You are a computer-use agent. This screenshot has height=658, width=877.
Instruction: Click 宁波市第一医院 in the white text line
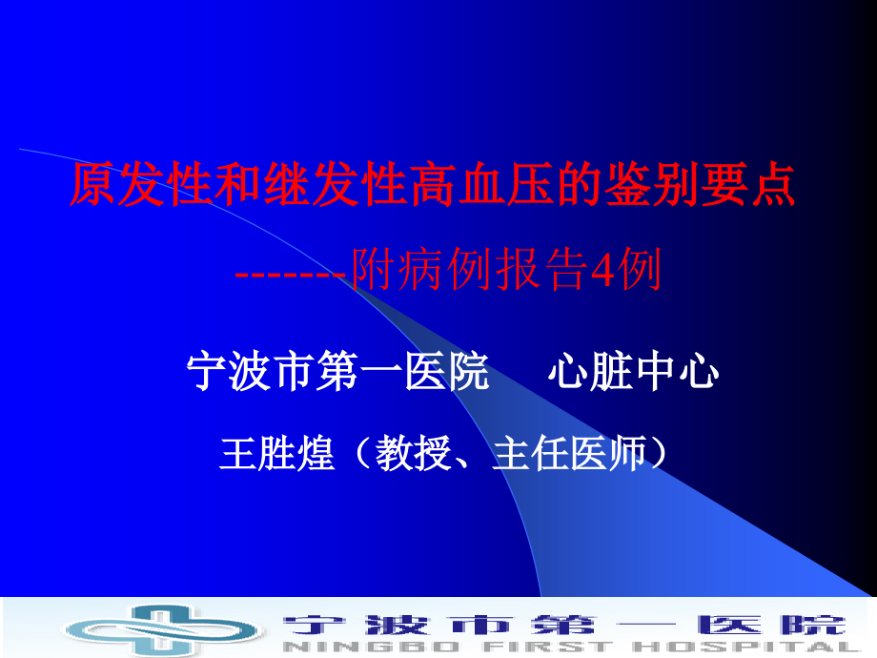point(338,373)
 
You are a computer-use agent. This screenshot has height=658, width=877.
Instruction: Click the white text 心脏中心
point(633,373)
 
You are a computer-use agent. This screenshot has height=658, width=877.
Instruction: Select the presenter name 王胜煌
point(276,454)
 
